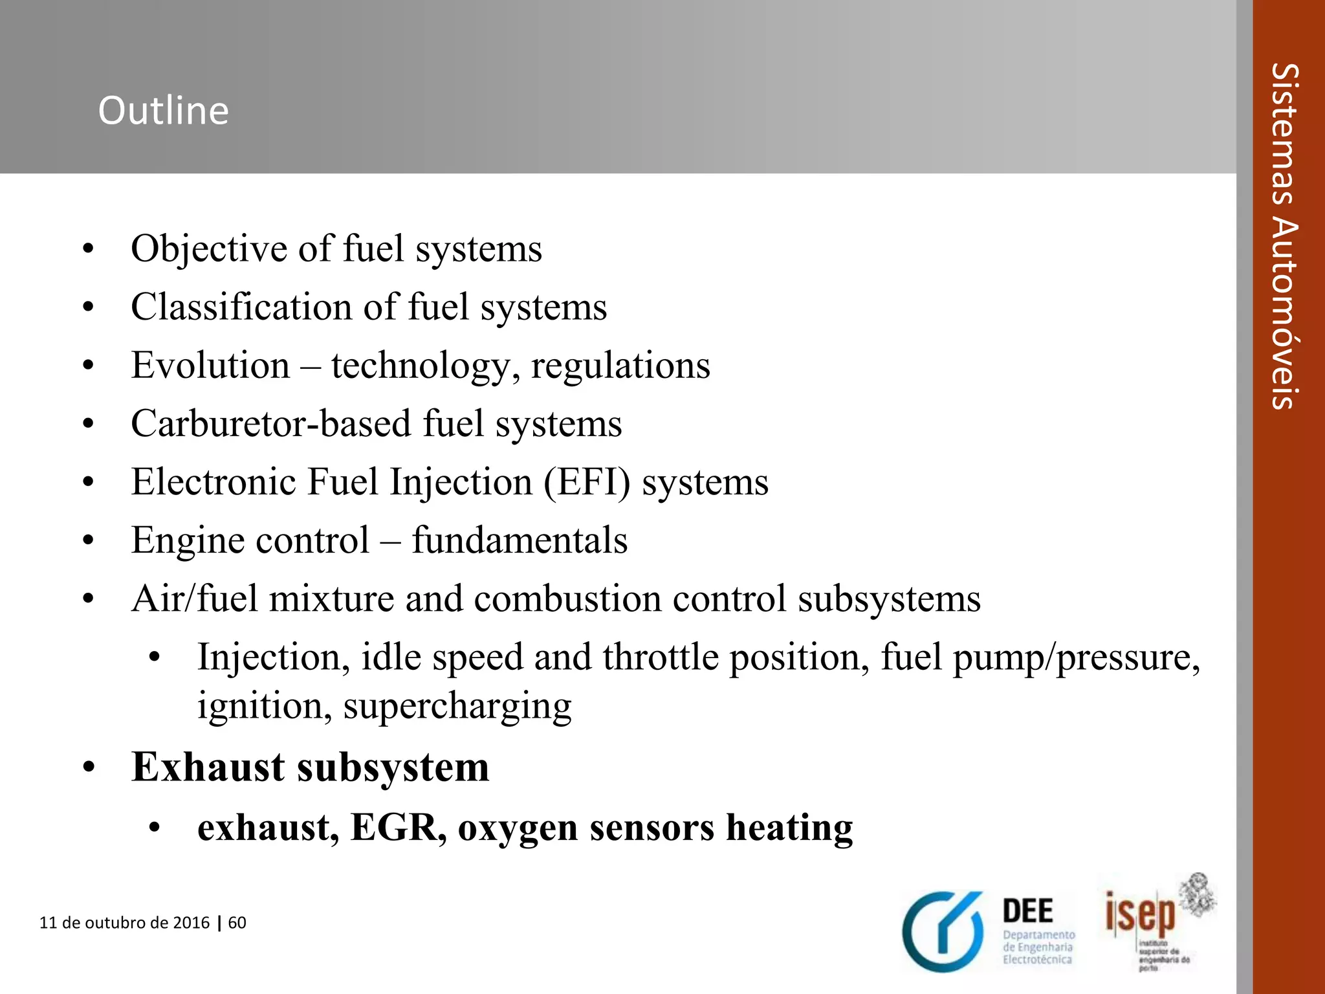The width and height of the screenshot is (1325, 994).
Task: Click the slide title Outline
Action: point(163,111)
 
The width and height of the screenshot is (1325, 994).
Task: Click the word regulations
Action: point(620,366)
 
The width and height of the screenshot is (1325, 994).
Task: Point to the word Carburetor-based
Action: point(271,425)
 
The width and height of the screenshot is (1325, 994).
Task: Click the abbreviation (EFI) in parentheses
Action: point(586,483)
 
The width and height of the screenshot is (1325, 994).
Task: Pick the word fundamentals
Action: point(520,540)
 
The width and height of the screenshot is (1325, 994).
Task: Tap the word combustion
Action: point(567,599)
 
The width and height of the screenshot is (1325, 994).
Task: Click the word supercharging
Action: point(457,706)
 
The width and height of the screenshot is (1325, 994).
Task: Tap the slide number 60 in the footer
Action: point(237,923)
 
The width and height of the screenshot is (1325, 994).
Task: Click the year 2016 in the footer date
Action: point(192,923)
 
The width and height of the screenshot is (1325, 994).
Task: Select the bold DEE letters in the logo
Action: point(1028,911)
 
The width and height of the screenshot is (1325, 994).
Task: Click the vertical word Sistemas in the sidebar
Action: point(1284,136)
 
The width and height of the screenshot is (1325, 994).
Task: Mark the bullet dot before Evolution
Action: point(89,366)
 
